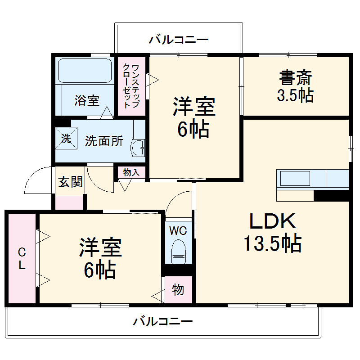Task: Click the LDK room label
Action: (x=272, y=221)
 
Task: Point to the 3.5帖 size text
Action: (x=295, y=95)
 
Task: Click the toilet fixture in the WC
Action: (x=179, y=251)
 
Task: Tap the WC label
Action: (x=178, y=231)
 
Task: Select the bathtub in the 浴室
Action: (x=85, y=71)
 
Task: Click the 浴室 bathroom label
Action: (x=87, y=100)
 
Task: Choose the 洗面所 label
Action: (x=104, y=141)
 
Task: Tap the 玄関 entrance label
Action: (x=70, y=182)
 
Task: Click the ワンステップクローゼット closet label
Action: (x=131, y=85)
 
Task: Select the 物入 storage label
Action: (x=131, y=172)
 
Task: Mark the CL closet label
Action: (x=21, y=258)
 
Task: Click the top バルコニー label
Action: (x=179, y=40)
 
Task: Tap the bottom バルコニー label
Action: (x=163, y=322)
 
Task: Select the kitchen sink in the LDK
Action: (x=295, y=179)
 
